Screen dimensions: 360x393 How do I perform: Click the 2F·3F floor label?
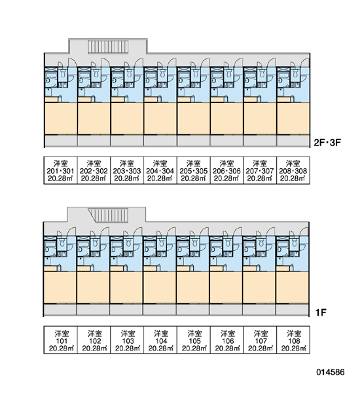[x=327, y=143]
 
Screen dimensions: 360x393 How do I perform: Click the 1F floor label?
[x=321, y=312]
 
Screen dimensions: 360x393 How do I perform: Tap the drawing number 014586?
[x=331, y=372]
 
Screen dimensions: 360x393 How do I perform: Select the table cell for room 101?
[x=61, y=340]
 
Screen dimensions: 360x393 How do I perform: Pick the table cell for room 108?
[x=293, y=340]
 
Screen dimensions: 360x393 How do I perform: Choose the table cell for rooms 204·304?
[x=160, y=170]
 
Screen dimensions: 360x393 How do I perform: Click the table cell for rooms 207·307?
[x=260, y=170]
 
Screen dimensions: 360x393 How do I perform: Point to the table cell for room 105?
[x=193, y=340]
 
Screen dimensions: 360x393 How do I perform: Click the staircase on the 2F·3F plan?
[x=108, y=47]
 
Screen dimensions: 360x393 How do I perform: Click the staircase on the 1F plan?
[x=109, y=215]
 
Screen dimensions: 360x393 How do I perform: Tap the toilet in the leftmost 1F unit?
[x=62, y=242]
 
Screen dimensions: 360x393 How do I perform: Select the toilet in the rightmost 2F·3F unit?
[x=295, y=73]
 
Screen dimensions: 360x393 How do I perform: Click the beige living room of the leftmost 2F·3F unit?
[x=61, y=119]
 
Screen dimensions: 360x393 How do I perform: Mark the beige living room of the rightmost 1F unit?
[x=292, y=288]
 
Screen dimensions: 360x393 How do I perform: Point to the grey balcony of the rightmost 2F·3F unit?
[x=293, y=141]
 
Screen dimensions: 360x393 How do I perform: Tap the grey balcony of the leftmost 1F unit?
[x=60, y=310]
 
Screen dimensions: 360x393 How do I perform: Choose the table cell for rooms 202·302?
[x=94, y=170]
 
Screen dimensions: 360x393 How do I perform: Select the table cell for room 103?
[x=127, y=340]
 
